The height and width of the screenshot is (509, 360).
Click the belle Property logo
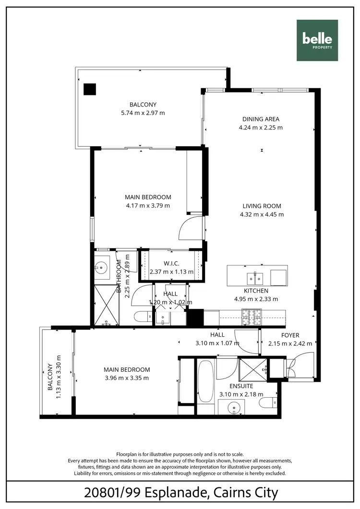coord(317,40)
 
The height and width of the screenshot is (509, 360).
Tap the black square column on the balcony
coord(89,90)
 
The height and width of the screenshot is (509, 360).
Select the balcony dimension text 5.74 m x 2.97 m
coord(143,113)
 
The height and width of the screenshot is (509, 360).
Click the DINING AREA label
coord(261,119)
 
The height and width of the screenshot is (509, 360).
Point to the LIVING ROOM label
coord(262,206)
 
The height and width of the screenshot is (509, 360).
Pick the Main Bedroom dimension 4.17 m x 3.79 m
coord(148,205)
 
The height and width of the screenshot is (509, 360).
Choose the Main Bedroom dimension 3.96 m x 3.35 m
coord(127,378)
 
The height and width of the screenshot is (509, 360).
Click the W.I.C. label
coord(171,263)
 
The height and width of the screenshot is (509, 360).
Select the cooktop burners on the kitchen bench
coord(252,315)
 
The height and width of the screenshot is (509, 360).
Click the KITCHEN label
coord(255,291)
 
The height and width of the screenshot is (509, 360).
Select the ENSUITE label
coord(241,386)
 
